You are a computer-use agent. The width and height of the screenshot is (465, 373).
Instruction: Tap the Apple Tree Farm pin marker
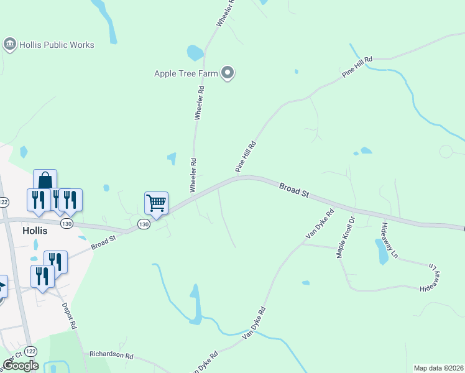click(228, 73)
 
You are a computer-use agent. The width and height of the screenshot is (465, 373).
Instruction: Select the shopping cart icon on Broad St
click(156, 202)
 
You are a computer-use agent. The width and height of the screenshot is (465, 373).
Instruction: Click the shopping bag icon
click(45, 180)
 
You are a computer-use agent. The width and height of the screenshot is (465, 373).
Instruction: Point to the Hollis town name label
click(35, 230)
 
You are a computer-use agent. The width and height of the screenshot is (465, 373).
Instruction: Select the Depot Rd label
click(69, 316)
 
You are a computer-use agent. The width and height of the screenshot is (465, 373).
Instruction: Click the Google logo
click(21, 366)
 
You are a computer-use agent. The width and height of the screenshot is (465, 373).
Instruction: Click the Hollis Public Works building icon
click(9, 44)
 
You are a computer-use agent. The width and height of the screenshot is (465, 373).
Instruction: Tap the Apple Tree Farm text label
click(186, 73)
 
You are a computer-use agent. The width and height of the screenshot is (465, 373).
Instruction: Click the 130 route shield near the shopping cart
click(144, 224)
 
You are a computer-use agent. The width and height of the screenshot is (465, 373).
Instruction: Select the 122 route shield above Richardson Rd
click(31, 351)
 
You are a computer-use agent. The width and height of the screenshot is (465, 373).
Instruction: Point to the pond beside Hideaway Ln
click(380, 251)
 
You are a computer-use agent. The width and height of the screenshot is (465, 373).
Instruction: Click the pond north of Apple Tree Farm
click(195, 53)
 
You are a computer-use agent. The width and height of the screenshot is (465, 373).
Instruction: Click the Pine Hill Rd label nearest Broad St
click(246, 155)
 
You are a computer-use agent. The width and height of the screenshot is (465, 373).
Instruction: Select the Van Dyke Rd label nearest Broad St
click(320, 224)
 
